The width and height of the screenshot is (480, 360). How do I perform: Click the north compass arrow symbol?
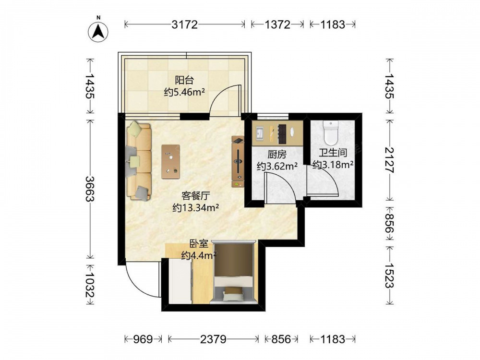tap(98, 32)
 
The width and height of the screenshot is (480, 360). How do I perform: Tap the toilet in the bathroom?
tap(330, 133)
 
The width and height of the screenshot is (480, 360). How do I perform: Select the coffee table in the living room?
tap(171, 161)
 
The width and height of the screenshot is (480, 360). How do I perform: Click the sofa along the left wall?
tap(139, 161)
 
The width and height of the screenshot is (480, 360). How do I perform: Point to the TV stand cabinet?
tap(238, 162)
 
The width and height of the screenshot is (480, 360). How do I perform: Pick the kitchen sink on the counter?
tap(260, 133)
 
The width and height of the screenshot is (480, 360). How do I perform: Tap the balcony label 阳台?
tap(184, 80)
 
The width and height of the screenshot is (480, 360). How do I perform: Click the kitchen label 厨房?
tap(277, 154)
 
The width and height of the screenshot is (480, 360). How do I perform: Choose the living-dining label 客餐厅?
tap(196, 196)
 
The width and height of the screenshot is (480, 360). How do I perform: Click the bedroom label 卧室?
tap(199, 244)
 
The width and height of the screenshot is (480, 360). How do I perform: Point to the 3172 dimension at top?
tap(185, 24)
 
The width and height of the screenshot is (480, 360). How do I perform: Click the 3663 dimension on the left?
tap(90, 189)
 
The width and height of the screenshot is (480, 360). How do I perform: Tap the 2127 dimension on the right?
tap(389, 160)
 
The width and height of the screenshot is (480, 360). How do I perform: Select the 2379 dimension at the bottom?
tap(214, 339)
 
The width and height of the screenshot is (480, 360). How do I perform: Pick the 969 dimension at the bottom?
tap(143, 339)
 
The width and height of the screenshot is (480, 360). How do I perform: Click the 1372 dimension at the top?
tap(277, 24)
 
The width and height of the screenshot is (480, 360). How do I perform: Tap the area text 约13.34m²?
tap(196, 208)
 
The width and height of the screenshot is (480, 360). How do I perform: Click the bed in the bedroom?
tap(234, 273)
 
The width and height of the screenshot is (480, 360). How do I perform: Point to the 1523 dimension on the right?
tap(389, 275)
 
